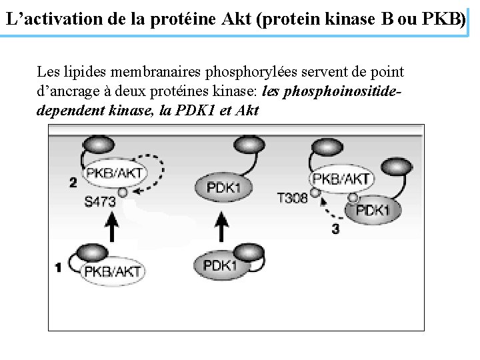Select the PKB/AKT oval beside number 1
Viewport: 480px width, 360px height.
[112, 270]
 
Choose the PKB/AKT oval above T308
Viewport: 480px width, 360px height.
[341, 179]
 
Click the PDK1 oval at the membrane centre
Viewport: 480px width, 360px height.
[224, 187]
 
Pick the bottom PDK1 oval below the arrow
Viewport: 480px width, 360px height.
[220, 265]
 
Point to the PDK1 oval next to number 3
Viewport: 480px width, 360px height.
[372, 211]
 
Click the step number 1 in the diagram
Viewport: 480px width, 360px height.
[59, 268]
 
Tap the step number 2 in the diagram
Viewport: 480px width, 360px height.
[73, 182]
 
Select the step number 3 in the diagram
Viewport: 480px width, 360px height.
[335, 229]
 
